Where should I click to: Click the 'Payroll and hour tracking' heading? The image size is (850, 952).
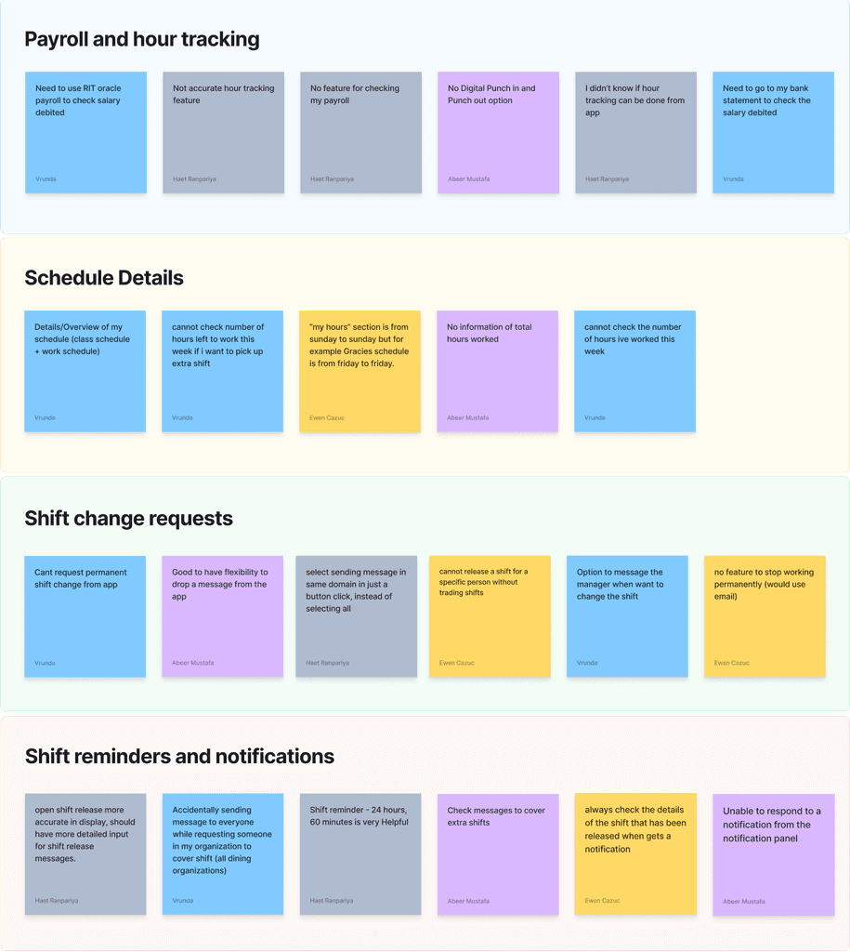(142, 39)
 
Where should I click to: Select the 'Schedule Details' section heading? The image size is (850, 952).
(104, 278)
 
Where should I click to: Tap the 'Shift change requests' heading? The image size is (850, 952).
(128, 518)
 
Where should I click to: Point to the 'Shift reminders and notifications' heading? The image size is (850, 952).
(179, 757)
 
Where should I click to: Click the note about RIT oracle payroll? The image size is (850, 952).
(85, 132)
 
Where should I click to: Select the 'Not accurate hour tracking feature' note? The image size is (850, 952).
(223, 132)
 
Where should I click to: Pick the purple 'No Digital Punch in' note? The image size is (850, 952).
(498, 132)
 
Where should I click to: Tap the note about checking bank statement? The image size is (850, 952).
(773, 132)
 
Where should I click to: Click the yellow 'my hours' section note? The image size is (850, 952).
(360, 371)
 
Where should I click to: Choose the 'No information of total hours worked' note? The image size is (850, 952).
(497, 371)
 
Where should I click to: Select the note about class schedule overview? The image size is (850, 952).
(85, 371)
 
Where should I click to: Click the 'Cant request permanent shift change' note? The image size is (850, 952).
(85, 616)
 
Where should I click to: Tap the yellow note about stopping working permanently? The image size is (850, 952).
(765, 616)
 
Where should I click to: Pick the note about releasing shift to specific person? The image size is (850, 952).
(490, 616)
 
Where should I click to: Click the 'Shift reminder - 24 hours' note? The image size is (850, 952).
(360, 853)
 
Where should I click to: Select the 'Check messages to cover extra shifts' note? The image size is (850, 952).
(498, 853)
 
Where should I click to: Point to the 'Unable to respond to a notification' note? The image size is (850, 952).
(774, 853)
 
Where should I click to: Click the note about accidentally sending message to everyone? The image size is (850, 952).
(223, 853)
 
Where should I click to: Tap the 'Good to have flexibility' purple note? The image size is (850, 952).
(222, 616)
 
